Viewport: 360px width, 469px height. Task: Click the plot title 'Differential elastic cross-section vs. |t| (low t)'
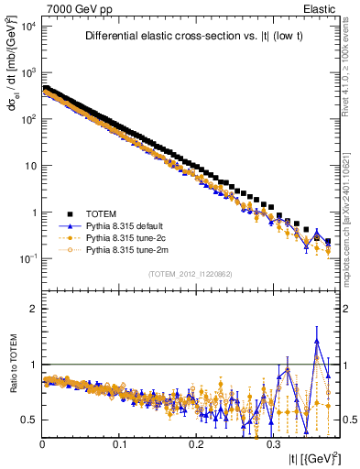[194, 37]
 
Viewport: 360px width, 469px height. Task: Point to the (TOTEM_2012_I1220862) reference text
[192, 274]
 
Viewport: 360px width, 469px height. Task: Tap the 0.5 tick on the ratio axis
[29, 420]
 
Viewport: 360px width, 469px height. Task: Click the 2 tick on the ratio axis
[33, 309]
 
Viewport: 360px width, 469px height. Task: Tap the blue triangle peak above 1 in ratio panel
[317, 340]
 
